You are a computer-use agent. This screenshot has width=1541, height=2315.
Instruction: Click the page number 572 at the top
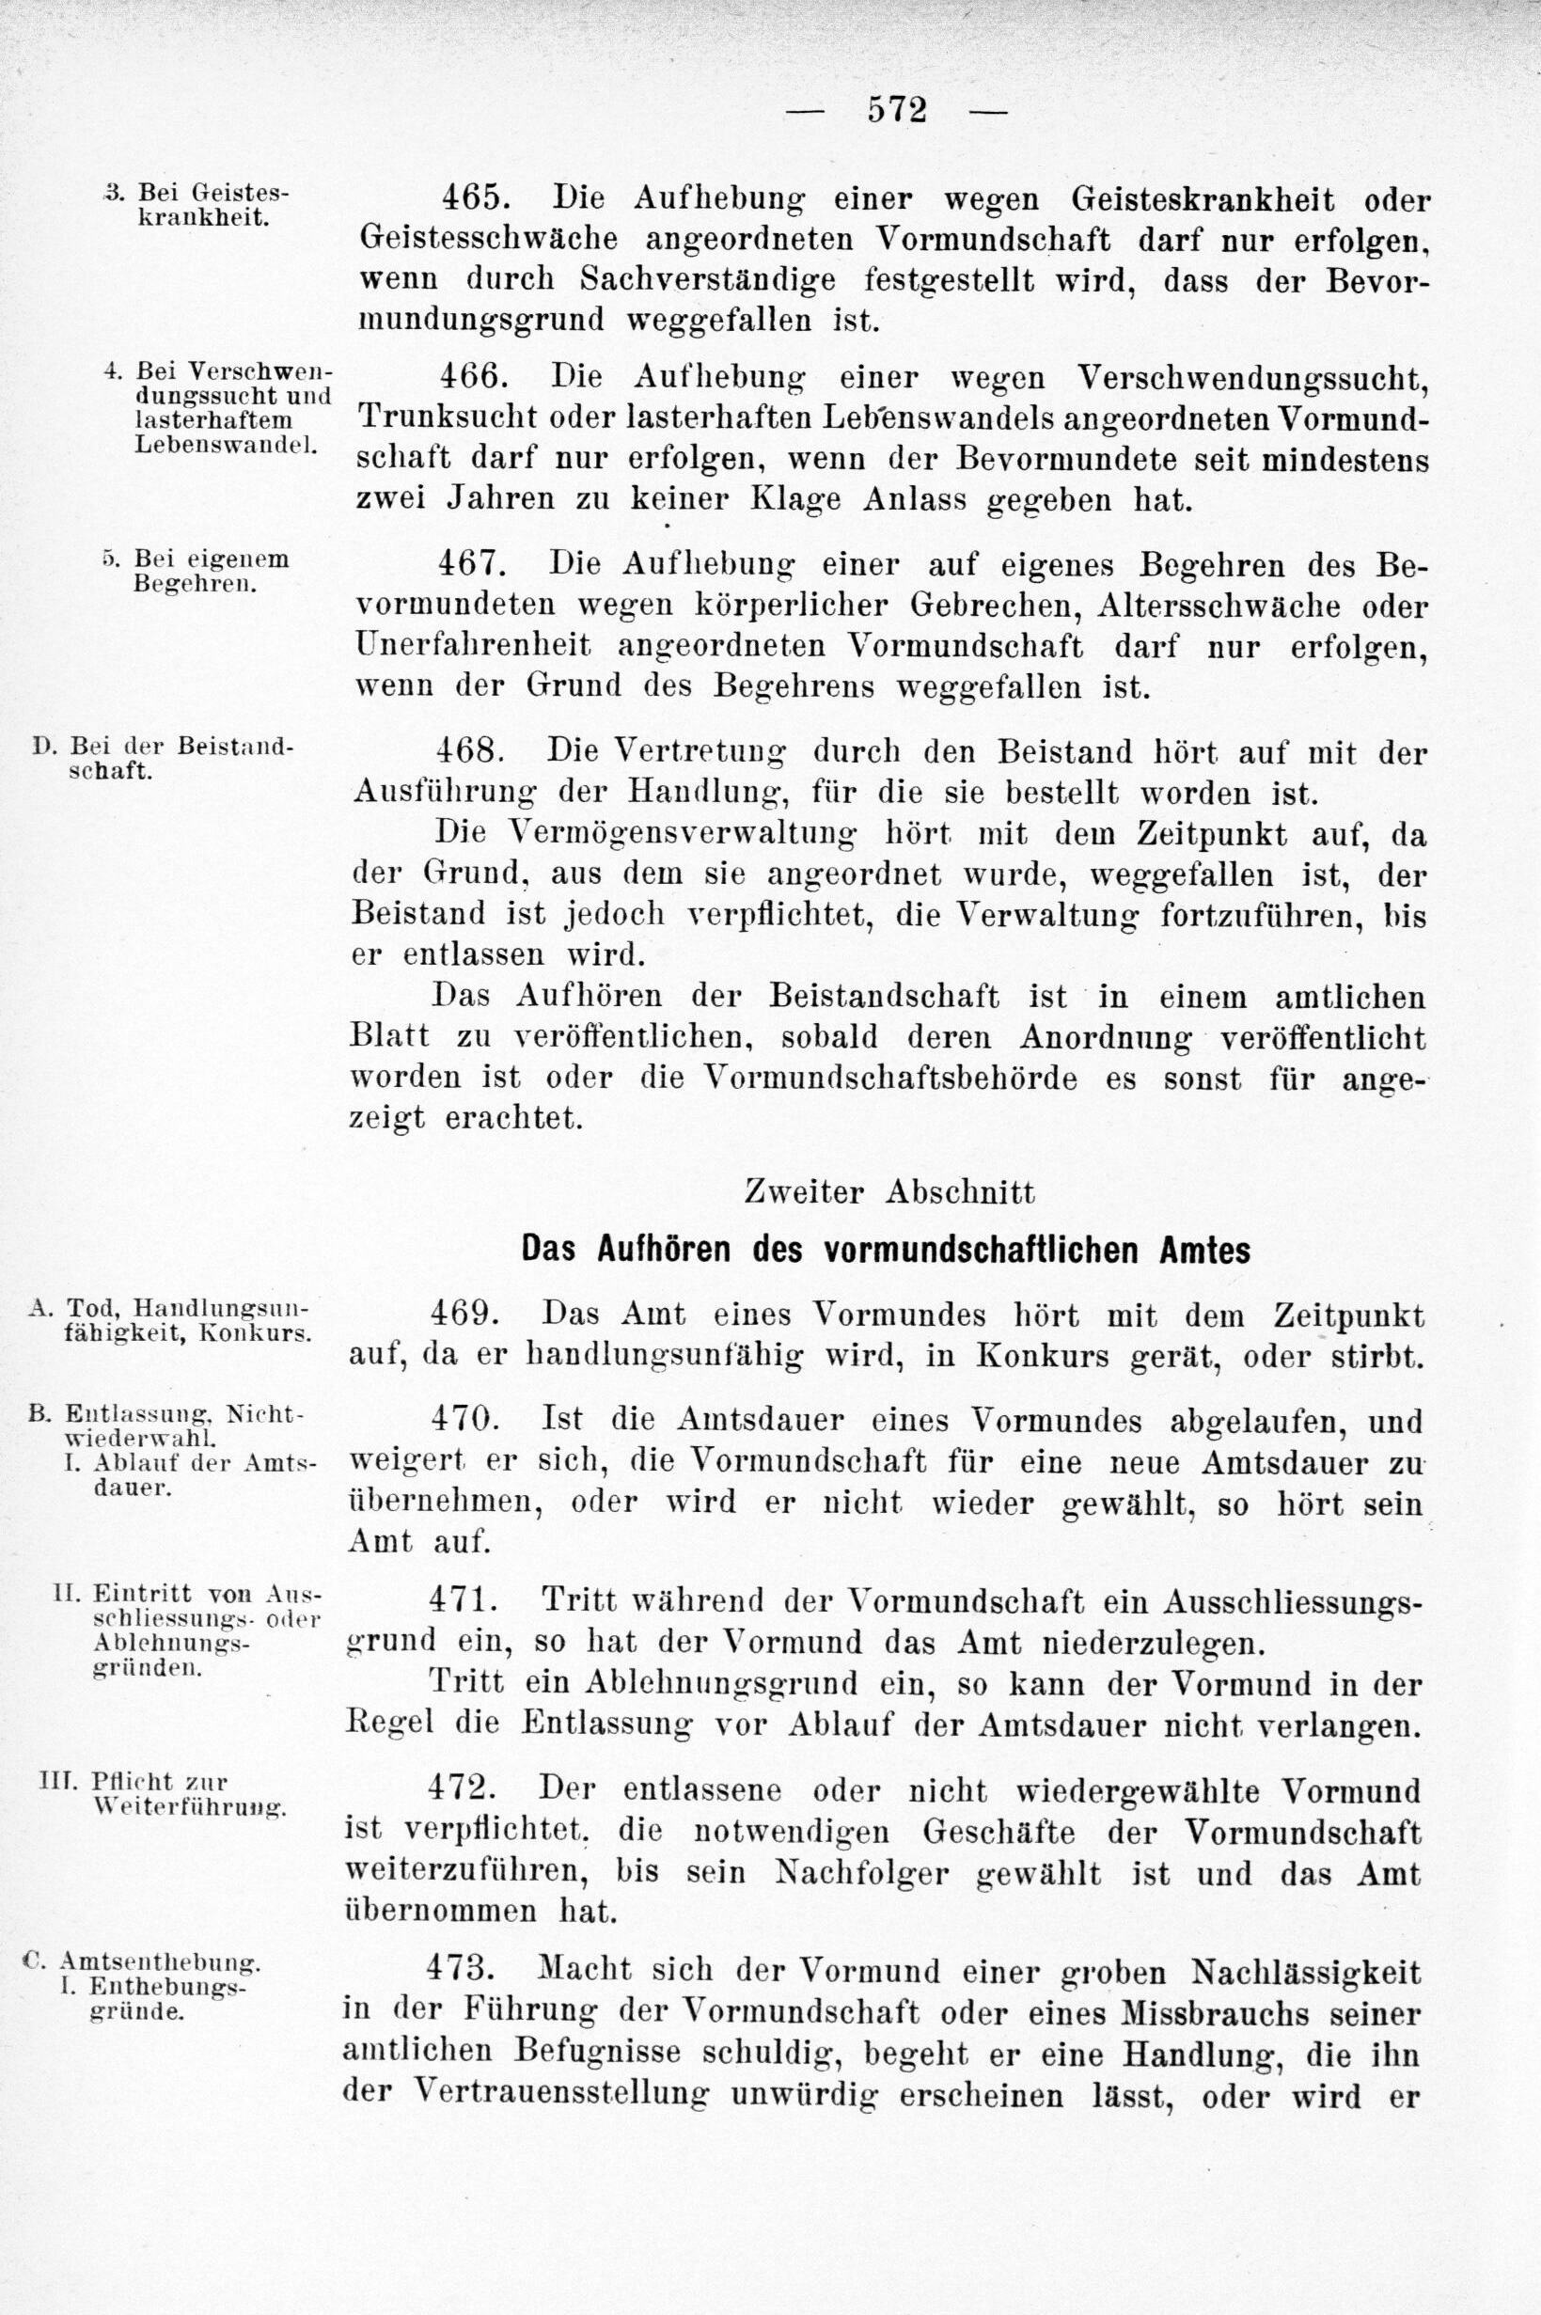(x=897, y=110)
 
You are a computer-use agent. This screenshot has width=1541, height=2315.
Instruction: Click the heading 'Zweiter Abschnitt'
(x=889, y=1192)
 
